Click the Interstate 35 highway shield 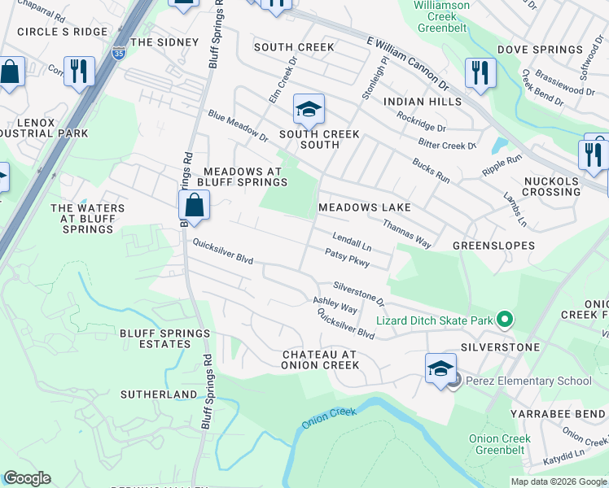click(120, 53)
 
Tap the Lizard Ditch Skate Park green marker click(505, 320)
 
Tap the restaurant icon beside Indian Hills click(480, 73)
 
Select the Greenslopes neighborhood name click(493, 245)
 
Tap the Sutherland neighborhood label click(159, 394)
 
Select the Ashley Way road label click(335, 305)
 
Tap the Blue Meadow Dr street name click(237, 125)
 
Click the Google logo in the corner click(27, 478)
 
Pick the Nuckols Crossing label click(551, 186)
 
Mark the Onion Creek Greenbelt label click(500, 444)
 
